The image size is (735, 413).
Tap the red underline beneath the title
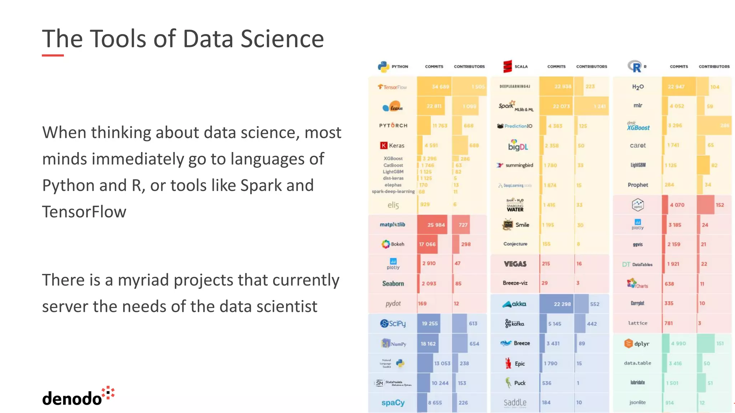[53, 56]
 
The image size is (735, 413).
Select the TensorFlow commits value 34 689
[440, 87]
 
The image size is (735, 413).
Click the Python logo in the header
[383, 67]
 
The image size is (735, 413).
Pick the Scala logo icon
[507, 67]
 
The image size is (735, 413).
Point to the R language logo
[635, 67]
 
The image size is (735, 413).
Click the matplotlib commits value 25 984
[436, 225]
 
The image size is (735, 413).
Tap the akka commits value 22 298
[562, 304]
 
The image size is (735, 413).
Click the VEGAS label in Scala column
[515, 264]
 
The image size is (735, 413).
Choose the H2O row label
[638, 87]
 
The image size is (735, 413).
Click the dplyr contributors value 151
[720, 343]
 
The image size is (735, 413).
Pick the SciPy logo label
[393, 323]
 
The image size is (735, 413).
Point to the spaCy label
[393, 403]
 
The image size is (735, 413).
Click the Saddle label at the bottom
[515, 403]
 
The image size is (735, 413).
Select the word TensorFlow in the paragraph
[84, 212]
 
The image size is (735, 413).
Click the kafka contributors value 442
[592, 324]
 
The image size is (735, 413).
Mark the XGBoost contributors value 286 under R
[724, 125]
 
